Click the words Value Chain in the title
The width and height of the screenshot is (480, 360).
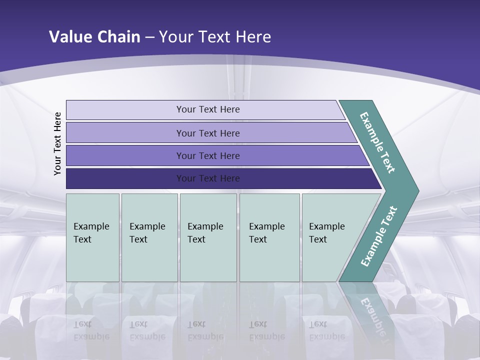tap(94, 36)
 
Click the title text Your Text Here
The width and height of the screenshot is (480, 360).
tap(215, 36)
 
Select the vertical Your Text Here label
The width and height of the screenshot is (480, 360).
tap(57, 143)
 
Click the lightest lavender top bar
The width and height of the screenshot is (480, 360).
tap(125, 110)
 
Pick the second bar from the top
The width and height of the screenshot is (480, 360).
tap(125, 133)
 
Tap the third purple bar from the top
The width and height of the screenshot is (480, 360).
tap(125, 155)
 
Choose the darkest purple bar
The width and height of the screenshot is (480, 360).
tap(125, 178)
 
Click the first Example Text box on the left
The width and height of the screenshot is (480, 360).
tap(92, 237)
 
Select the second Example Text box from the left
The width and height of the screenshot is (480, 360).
tap(149, 237)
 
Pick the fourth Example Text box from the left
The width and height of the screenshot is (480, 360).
tap(269, 237)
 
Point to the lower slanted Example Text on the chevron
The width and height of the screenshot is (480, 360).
tap(379, 236)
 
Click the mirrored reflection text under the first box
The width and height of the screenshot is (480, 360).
tap(91, 330)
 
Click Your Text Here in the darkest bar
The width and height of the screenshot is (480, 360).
tap(208, 178)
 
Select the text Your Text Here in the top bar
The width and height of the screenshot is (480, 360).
tap(208, 109)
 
